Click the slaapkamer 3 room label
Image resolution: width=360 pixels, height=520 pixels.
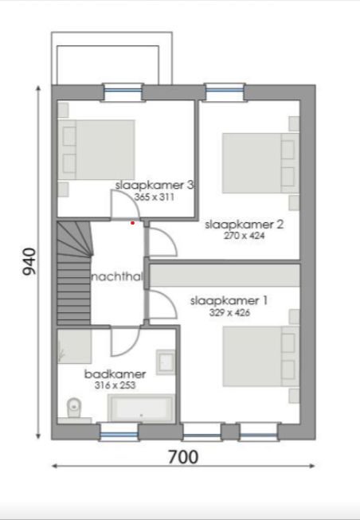click(x=155, y=185)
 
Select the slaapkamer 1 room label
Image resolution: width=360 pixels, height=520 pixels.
click(x=229, y=301)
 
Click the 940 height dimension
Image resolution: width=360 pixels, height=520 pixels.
click(x=29, y=261)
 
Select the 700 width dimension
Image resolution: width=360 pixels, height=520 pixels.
click(x=182, y=457)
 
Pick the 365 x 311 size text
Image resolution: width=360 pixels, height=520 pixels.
click(x=155, y=196)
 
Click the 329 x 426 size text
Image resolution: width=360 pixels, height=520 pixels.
click(x=229, y=313)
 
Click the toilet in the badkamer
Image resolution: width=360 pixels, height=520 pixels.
click(x=72, y=409)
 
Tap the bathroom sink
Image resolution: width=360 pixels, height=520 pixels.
click(x=166, y=362)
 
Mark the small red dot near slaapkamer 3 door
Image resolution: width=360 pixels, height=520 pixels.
click(x=133, y=223)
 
